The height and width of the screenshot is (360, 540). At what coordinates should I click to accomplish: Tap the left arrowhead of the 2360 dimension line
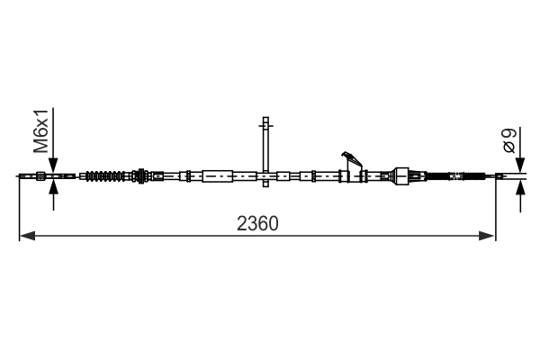point(25,236)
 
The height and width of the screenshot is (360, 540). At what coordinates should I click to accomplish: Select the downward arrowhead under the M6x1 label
point(54,167)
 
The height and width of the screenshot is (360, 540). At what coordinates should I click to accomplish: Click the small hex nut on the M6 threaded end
point(40,176)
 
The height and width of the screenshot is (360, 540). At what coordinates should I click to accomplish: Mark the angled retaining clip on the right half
point(351,161)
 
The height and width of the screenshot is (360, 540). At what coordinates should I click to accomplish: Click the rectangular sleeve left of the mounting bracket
point(219,176)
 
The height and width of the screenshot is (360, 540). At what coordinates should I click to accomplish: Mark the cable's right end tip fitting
point(492,176)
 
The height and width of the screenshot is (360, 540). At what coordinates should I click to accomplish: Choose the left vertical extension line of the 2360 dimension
point(19,207)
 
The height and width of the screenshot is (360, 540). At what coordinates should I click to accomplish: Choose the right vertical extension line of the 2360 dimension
point(495,207)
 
